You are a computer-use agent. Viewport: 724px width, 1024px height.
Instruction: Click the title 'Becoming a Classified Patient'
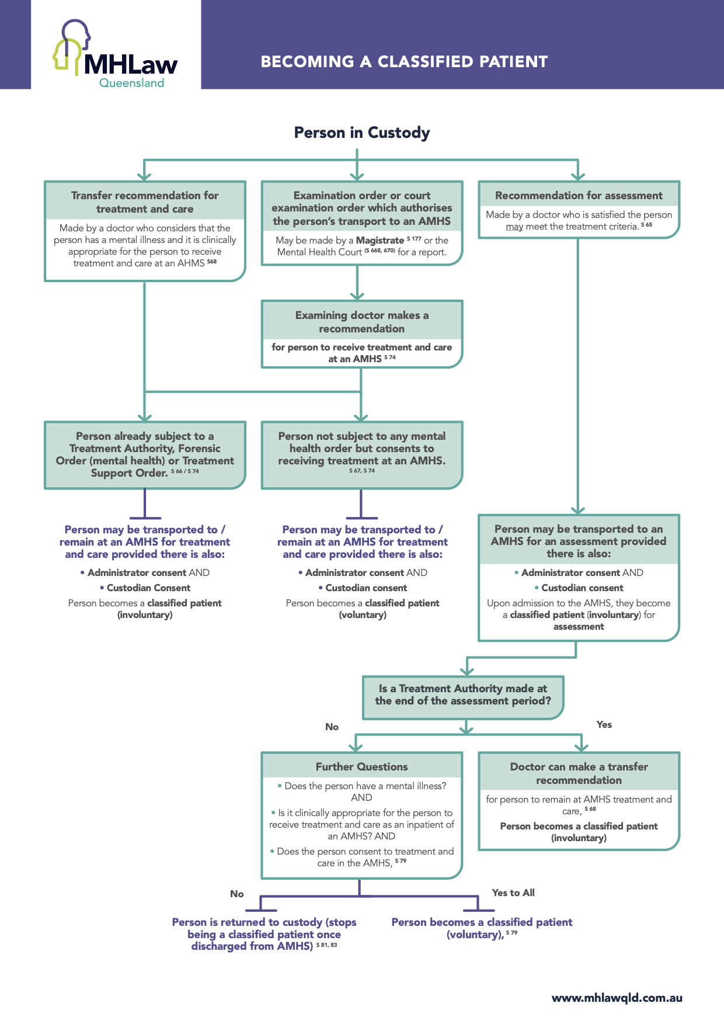[x=404, y=62]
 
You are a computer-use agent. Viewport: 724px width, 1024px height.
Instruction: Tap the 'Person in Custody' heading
[x=361, y=133]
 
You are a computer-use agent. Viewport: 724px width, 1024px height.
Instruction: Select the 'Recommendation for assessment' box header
[x=579, y=196]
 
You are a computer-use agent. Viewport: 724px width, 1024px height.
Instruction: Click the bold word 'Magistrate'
[x=380, y=241]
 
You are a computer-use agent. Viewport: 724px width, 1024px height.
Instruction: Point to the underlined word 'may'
[x=514, y=227]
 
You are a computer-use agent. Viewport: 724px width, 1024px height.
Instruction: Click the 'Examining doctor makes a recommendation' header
[x=361, y=322]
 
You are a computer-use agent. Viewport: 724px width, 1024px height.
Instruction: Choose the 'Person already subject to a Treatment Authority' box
[x=145, y=454]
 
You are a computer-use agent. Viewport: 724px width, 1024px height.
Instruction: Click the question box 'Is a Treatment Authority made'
[x=463, y=695]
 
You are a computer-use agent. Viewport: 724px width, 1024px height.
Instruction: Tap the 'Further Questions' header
[x=361, y=767]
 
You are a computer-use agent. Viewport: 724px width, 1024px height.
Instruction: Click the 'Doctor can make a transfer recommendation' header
[x=579, y=773]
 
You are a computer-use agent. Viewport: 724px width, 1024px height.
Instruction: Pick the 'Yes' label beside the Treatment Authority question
[x=604, y=725]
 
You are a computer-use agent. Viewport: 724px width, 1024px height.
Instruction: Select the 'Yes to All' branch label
[x=513, y=893]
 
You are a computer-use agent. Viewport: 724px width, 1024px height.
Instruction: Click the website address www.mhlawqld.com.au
[x=617, y=998]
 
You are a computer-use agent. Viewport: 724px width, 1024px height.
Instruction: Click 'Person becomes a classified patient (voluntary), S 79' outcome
[x=482, y=928]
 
